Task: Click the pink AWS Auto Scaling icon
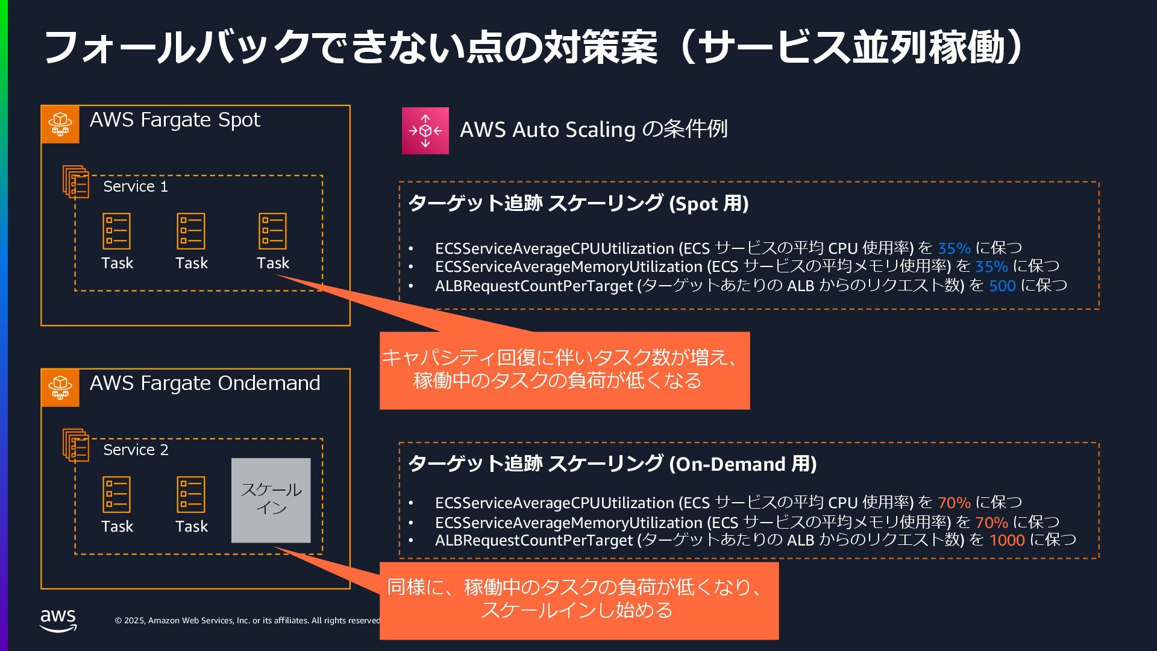tap(425, 131)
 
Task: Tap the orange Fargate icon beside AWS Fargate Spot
tap(60, 124)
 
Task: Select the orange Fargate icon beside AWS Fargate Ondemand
tap(60, 388)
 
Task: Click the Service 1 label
tap(136, 187)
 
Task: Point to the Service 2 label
tap(136, 450)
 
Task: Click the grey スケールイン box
tap(271, 500)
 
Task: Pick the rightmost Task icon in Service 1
tap(272, 231)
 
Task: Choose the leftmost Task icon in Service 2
tap(116, 494)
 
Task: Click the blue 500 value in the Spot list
tap(1002, 286)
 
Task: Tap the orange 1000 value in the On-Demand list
tap(1006, 540)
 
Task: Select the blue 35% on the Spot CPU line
tap(954, 248)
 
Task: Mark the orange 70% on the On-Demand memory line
tap(991, 522)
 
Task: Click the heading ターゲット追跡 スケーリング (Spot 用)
tap(578, 204)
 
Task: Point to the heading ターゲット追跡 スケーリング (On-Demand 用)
tap(612, 464)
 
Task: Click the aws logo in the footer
tap(58, 620)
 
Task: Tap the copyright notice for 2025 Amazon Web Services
tap(247, 620)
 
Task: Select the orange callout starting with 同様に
tap(578, 600)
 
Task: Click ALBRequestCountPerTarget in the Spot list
tap(534, 286)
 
